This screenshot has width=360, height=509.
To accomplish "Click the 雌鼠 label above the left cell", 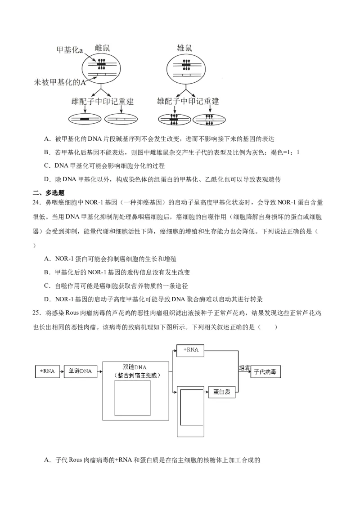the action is coord(102,48).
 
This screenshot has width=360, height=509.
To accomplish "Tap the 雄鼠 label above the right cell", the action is coord(185,48).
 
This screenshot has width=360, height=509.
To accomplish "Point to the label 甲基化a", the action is coord(70,50).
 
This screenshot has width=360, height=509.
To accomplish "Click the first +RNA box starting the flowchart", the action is coord(47,371).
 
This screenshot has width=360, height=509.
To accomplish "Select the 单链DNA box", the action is coord(80,371).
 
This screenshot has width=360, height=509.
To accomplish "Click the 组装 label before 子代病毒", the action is coord(244,367).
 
